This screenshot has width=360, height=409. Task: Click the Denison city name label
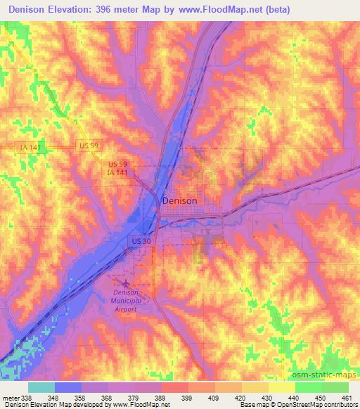click(x=179, y=200)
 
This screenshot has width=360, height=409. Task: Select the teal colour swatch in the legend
click(x=41, y=387)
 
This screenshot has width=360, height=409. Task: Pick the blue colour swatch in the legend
click(x=68, y=387)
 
